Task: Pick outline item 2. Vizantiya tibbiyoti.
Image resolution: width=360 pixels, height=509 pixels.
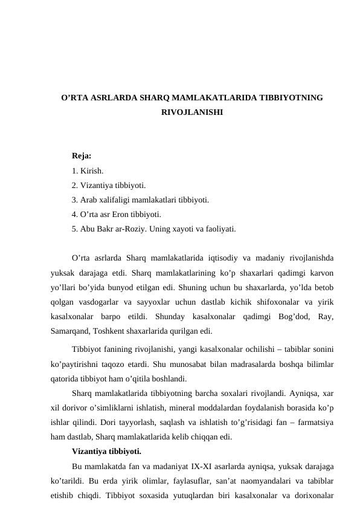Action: tap(108, 186)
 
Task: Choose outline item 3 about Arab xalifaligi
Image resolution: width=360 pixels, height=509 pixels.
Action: tap(141, 200)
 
